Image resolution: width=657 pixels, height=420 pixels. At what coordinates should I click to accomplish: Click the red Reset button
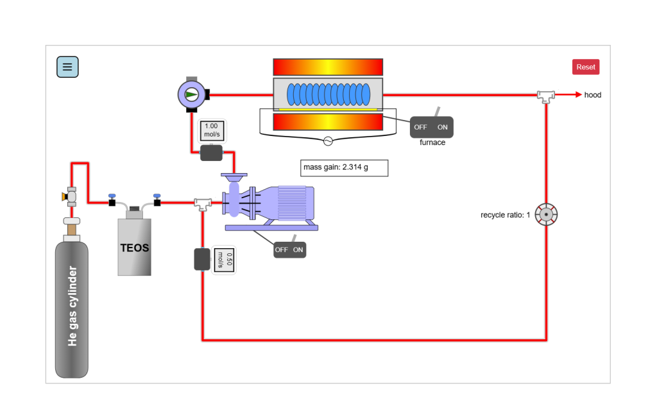coord(585,67)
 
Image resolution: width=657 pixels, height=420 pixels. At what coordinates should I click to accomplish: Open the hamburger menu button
coord(67,67)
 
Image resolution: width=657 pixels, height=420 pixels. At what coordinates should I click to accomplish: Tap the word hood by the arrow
coord(592,95)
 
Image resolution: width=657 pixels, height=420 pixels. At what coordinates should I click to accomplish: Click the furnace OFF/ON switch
coord(432,127)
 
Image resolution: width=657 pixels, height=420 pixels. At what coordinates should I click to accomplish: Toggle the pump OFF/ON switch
coord(289,249)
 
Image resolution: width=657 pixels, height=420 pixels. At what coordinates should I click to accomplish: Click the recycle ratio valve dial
coord(546,215)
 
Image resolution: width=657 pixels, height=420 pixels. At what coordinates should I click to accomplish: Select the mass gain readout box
coord(345,168)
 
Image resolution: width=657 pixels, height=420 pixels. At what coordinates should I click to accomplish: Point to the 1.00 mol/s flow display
coord(211,130)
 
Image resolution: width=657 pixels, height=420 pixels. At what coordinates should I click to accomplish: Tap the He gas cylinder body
coord(72,308)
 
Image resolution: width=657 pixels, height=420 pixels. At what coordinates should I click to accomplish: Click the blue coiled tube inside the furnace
coord(328,95)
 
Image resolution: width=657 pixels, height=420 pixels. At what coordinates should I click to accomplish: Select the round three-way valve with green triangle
coord(191,95)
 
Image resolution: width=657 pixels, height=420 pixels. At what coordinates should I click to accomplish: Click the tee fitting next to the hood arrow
coord(546,96)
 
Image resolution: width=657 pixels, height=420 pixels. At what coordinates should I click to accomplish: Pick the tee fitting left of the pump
coord(203,203)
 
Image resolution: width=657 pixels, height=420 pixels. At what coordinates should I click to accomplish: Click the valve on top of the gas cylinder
coord(71,195)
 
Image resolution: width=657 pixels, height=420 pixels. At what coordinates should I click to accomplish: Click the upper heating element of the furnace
coord(328,67)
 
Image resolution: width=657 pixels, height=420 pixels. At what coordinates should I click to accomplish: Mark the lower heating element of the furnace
coord(328,122)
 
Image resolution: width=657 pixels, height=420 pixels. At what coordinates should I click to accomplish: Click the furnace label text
coord(432,142)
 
